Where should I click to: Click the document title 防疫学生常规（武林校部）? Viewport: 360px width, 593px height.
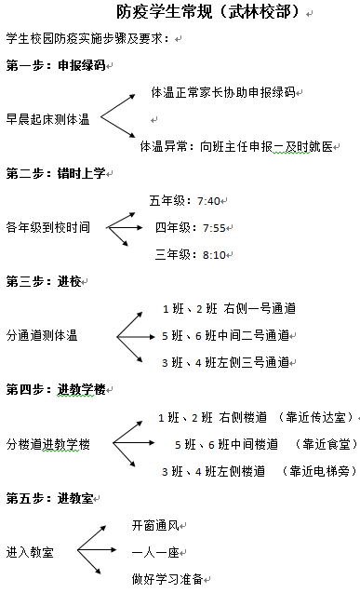(209, 12)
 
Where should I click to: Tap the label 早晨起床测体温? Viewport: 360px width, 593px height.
(47, 119)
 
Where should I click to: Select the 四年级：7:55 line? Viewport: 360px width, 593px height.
(190, 228)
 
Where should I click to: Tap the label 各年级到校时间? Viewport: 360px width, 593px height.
(47, 228)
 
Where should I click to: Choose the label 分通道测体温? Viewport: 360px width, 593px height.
(42, 335)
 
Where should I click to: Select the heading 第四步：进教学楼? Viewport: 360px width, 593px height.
(55, 389)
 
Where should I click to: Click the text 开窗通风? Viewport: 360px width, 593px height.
(154, 526)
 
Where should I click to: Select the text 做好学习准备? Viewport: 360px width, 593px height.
(167, 579)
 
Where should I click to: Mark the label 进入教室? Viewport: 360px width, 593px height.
(30, 552)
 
